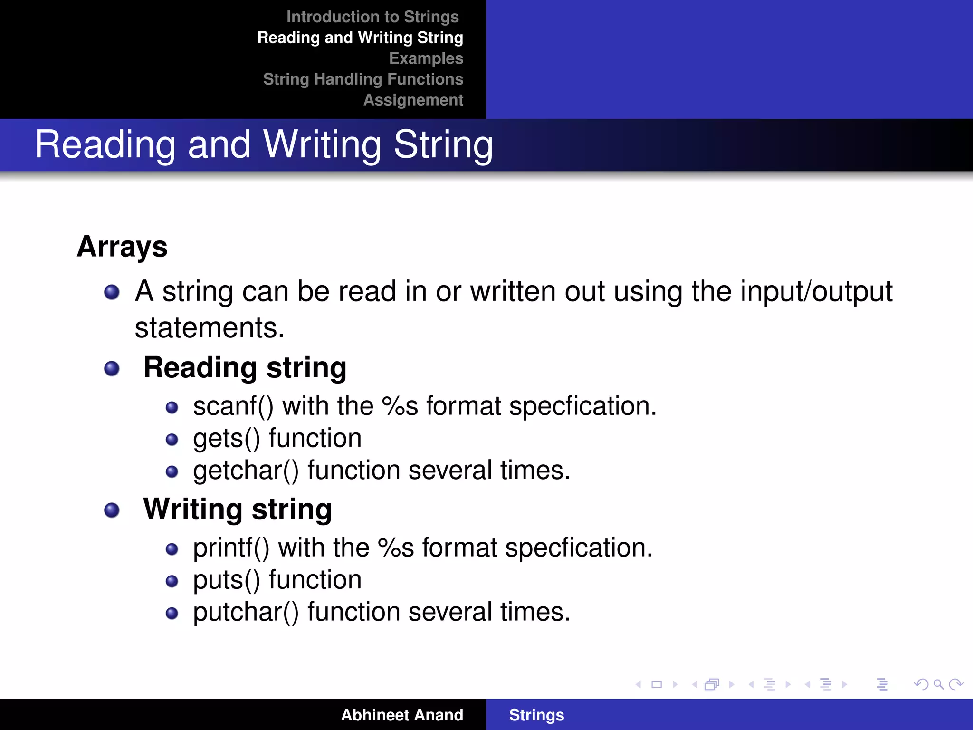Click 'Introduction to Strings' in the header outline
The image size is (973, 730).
point(372,17)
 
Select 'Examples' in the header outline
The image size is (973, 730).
point(426,58)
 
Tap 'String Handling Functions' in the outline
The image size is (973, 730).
point(363,79)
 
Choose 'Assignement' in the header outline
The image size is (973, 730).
point(413,100)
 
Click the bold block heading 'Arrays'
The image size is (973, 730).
point(122,247)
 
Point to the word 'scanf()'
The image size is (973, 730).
point(233,406)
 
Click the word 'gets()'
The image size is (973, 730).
point(227,438)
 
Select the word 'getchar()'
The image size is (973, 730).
point(246,471)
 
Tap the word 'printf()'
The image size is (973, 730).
point(231,548)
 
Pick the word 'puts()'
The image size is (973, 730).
point(227,580)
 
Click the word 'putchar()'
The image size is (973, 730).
point(246,612)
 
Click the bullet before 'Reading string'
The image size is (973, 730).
point(112,368)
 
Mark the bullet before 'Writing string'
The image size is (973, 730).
point(112,510)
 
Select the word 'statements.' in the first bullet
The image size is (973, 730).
point(210,328)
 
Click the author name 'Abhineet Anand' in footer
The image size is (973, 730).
point(402,715)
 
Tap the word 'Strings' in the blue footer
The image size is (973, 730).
point(536,715)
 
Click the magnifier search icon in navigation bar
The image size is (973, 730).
point(938,684)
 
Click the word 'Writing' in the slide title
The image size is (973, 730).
point(322,144)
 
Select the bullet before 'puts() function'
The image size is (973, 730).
point(172,581)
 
